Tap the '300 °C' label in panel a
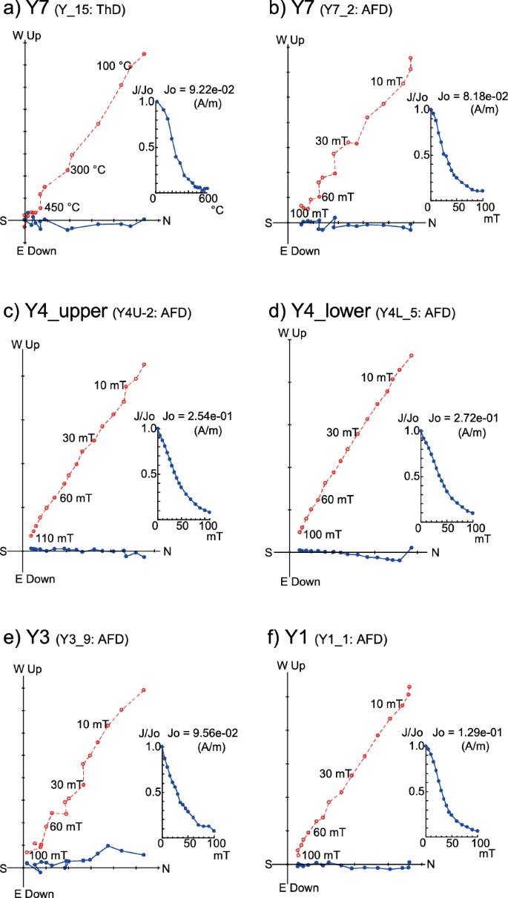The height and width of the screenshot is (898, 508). pyautogui.click(x=88, y=170)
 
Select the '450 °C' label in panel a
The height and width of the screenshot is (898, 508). pyautogui.click(x=62, y=207)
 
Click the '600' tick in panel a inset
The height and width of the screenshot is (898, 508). pyautogui.click(x=207, y=198)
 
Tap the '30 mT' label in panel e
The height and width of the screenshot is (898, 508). pyautogui.click(x=65, y=784)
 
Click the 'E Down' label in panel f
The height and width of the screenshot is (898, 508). pyautogui.click(x=300, y=888)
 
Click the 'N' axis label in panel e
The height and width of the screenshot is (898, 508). pyautogui.click(x=166, y=868)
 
